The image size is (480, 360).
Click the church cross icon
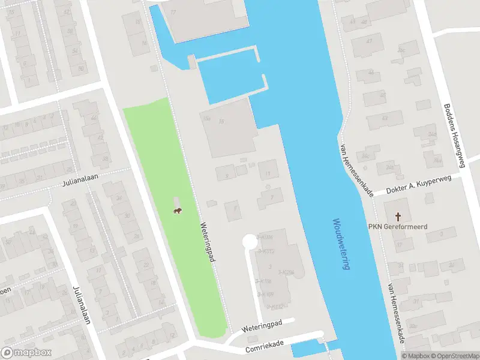(x=397, y=215)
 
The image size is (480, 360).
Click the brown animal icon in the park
(x=178, y=211)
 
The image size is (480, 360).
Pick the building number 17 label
(x=174, y=12)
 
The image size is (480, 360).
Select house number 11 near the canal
(x=268, y=173)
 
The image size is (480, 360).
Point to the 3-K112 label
(x=266, y=251)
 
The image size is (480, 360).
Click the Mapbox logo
(x=26, y=353)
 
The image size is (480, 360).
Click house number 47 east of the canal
(x=369, y=41)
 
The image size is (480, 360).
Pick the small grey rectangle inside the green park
(x=176, y=202)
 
